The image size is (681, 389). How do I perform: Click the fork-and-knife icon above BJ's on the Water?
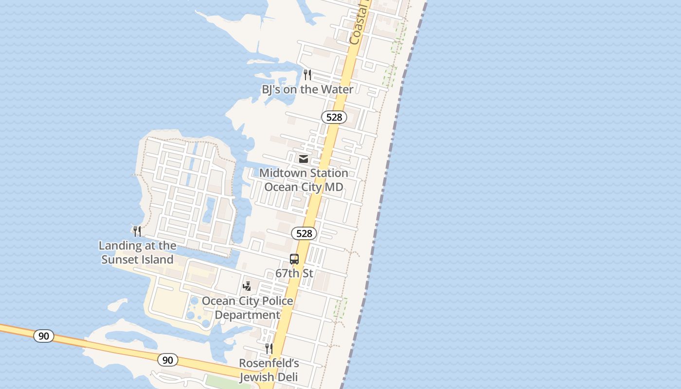(x=307, y=75)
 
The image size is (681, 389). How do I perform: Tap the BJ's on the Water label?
(x=307, y=89)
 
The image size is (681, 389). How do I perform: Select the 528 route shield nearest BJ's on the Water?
(x=334, y=117)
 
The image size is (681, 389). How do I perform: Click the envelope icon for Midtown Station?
(x=304, y=159)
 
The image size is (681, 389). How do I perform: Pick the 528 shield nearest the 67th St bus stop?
(x=304, y=233)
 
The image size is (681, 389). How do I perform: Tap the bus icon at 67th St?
(x=294, y=259)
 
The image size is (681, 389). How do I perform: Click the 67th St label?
(x=294, y=273)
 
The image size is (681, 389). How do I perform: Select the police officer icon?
(x=247, y=286)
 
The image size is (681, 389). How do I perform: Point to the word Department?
(x=247, y=315)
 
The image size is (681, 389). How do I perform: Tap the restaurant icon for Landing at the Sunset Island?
(x=137, y=231)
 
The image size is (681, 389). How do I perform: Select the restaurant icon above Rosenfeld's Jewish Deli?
(x=269, y=349)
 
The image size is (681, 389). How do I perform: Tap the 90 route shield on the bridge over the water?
(x=44, y=336)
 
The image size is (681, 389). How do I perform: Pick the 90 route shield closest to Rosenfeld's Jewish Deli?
(x=168, y=360)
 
